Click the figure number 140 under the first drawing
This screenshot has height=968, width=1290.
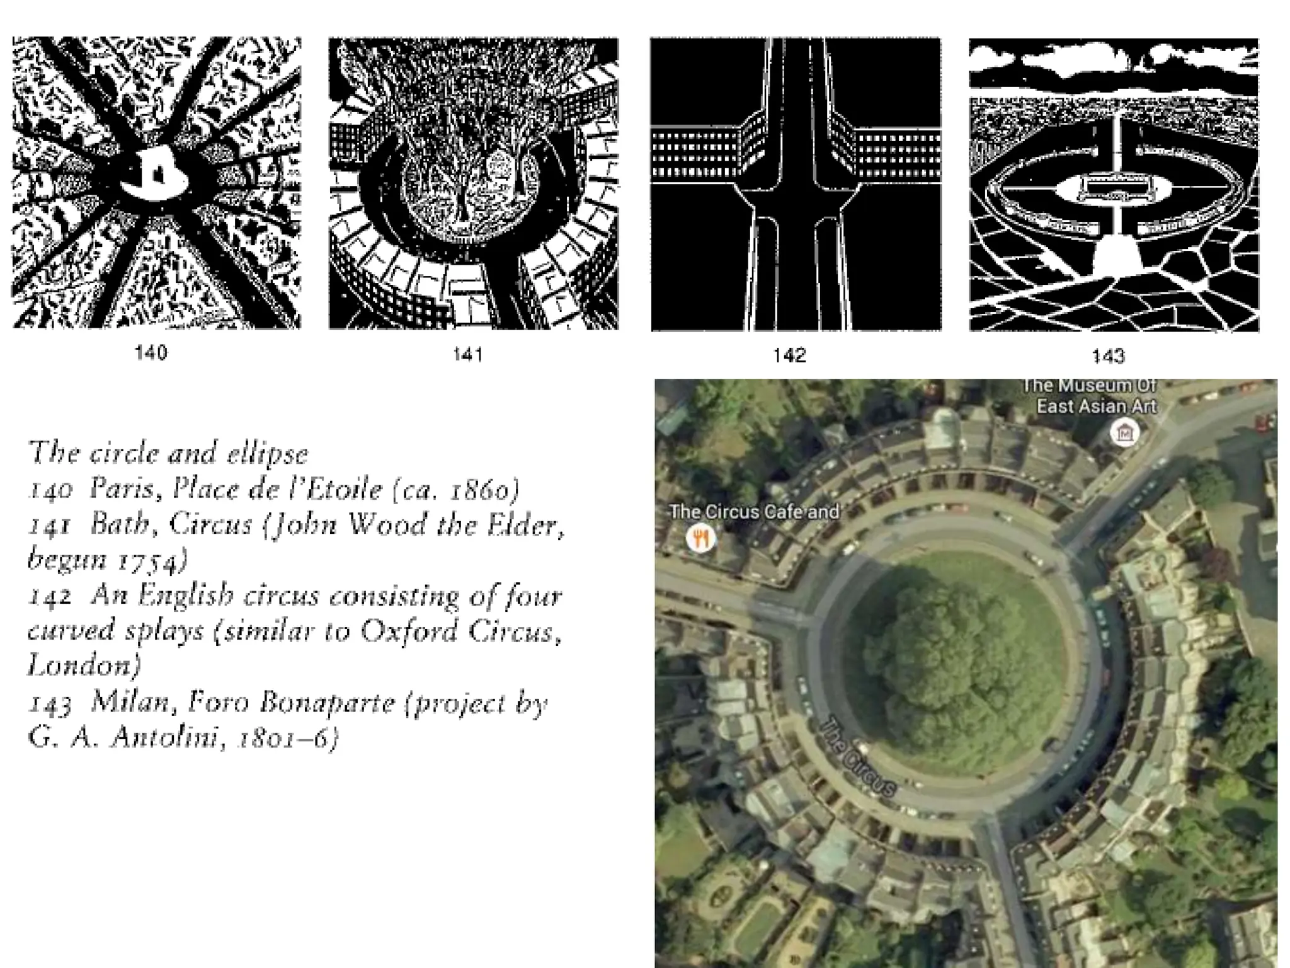tap(151, 352)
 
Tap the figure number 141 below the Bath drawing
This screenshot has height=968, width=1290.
tap(468, 354)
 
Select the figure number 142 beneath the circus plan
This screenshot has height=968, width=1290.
tap(789, 355)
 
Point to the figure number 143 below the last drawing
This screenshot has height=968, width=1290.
tap(1108, 357)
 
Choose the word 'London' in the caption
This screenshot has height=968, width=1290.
tap(84, 665)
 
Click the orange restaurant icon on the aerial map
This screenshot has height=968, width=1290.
tap(700, 539)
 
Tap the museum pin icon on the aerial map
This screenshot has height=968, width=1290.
tap(1124, 433)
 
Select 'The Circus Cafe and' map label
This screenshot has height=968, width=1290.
tap(754, 512)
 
